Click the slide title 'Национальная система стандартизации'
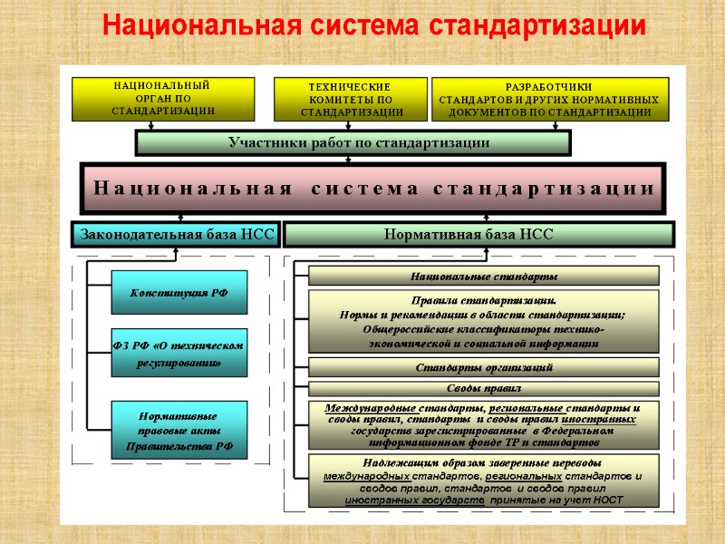(373, 25)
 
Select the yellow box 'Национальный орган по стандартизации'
(163, 99)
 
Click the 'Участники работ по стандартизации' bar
(353, 143)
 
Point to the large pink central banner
(372, 189)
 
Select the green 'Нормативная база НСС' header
(479, 235)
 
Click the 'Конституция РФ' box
(179, 293)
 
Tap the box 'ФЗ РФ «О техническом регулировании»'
(179, 353)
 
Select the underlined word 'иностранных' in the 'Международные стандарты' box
(599, 420)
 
